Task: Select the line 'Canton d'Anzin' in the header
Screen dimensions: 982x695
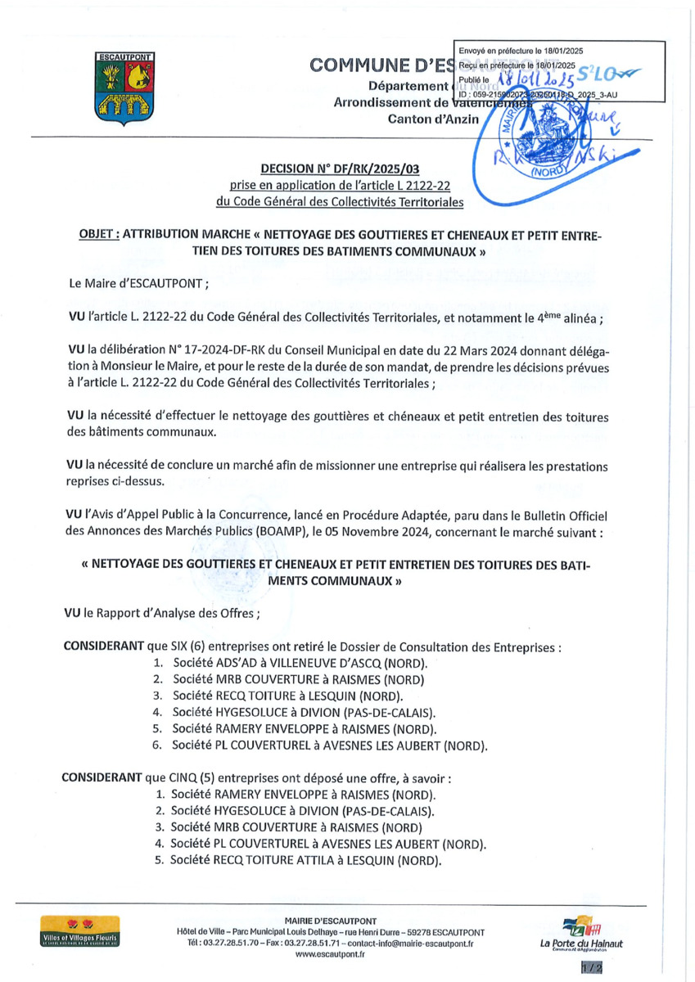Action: coord(432,119)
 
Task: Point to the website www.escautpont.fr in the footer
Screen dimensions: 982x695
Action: coord(330,953)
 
